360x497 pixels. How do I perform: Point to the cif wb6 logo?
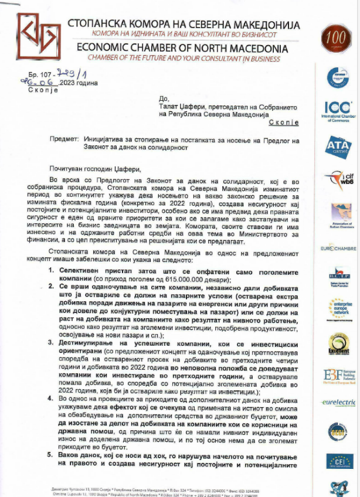(338, 179)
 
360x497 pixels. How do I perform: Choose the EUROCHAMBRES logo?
(338, 249)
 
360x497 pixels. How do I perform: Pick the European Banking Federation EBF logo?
(338, 376)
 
